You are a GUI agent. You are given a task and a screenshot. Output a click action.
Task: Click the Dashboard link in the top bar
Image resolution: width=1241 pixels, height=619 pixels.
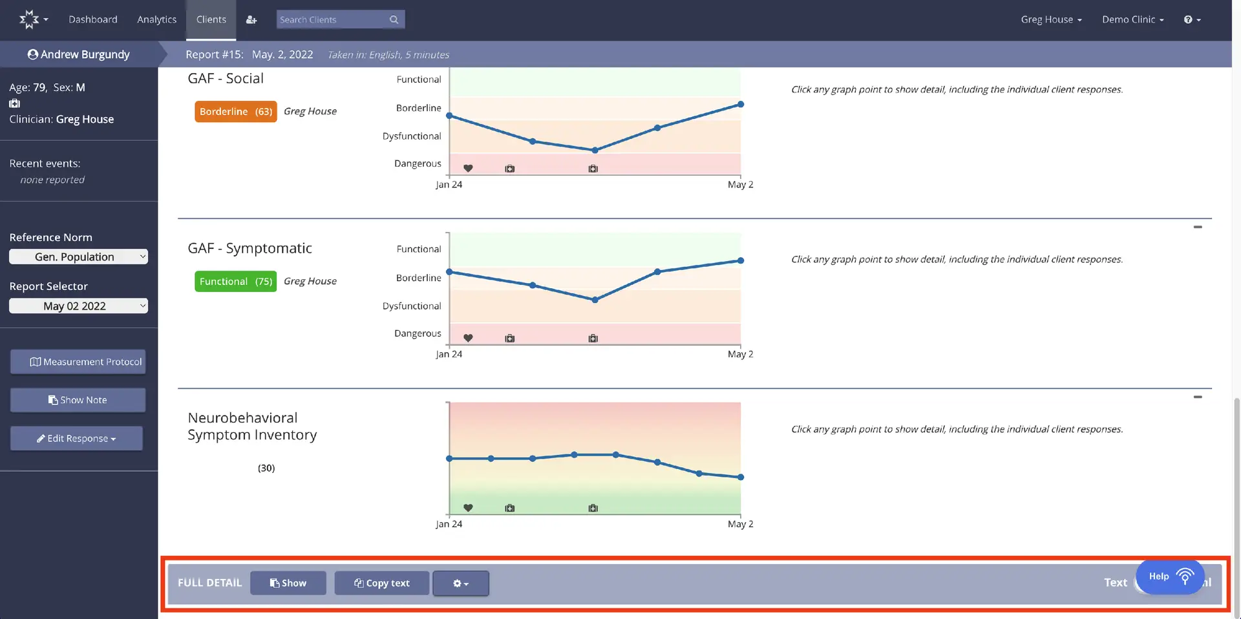point(93,19)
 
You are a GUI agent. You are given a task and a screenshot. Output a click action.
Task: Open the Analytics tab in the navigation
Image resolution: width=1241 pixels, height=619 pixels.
point(156,19)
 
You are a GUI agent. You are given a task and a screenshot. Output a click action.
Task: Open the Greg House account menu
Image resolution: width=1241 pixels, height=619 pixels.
point(1050,19)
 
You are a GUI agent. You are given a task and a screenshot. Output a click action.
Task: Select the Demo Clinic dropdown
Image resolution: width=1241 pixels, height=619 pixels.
point(1132,19)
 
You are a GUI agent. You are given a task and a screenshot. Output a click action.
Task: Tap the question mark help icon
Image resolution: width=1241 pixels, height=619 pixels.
point(1191,19)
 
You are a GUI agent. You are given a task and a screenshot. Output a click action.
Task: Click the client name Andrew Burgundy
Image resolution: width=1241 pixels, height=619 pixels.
point(79,54)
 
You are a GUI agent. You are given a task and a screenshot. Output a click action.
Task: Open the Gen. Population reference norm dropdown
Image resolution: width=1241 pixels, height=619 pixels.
point(78,257)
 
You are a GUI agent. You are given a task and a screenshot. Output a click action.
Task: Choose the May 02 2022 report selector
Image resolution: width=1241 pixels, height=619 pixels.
point(78,306)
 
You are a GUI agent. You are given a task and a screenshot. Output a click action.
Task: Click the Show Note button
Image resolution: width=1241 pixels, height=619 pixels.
point(78,400)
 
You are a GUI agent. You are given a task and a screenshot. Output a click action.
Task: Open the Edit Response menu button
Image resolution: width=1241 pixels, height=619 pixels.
point(76,438)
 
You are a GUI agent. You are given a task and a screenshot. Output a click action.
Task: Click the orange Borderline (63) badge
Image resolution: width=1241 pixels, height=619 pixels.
point(235,111)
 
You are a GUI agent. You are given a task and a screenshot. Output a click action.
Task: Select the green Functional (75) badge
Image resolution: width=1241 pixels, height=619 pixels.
point(235,281)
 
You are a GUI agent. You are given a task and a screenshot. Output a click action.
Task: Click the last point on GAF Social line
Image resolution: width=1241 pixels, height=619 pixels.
point(741,104)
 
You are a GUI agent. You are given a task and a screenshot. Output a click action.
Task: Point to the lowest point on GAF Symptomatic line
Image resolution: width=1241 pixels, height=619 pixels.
point(595,300)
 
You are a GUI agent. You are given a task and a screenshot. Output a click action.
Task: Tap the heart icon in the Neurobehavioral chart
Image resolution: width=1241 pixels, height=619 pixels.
point(468,508)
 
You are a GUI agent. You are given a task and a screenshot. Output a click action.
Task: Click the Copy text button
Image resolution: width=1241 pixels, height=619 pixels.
point(381,583)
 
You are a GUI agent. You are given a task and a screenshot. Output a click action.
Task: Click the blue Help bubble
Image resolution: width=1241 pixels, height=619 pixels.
point(1170,576)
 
